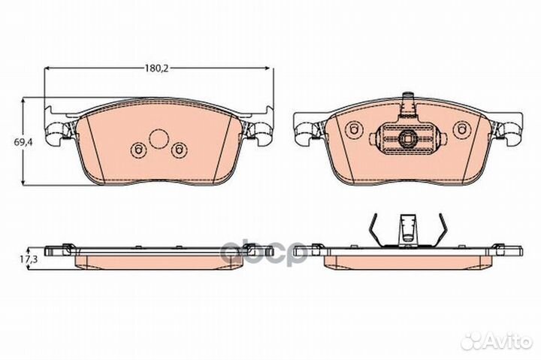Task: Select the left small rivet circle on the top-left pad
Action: click(x=138, y=150)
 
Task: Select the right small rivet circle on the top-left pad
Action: click(x=179, y=150)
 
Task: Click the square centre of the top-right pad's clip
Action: click(x=407, y=140)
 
